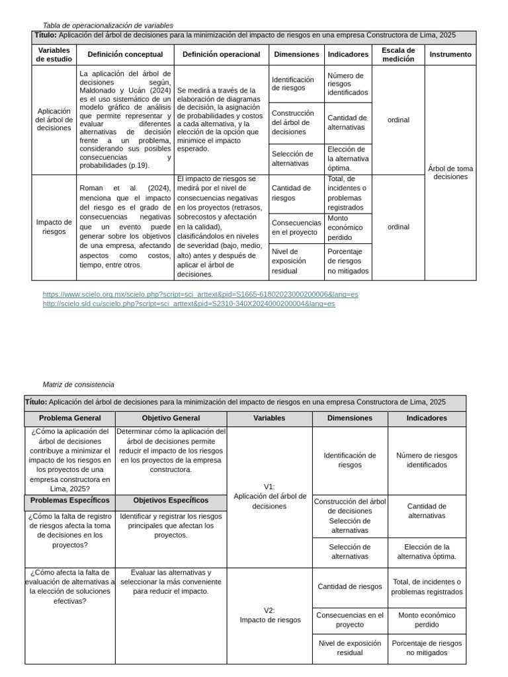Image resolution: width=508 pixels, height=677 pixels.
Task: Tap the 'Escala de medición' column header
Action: pyautogui.click(x=398, y=54)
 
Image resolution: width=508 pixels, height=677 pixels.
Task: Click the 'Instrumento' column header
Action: pyautogui.click(x=450, y=54)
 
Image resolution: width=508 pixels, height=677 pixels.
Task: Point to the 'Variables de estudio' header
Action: pyautogui.click(x=54, y=54)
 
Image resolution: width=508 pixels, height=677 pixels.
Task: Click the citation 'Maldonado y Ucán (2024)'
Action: pyautogui.click(x=125, y=91)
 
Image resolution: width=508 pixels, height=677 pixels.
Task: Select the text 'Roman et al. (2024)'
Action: pyautogui.click(x=125, y=188)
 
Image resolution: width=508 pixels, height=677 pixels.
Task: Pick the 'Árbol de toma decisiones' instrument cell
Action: pyautogui.click(x=450, y=173)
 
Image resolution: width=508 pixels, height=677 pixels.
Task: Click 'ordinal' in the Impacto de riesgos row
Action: pyautogui.click(x=398, y=227)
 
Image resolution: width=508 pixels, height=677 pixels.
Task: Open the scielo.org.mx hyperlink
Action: pyautogui.click(x=200, y=294)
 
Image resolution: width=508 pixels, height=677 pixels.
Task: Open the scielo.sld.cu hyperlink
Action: pyautogui.click(x=189, y=304)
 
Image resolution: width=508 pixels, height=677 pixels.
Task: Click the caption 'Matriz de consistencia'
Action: pyautogui.click(x=78, y=384)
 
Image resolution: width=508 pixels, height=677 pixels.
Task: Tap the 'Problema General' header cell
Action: pyautogui.click(x=70, y=418)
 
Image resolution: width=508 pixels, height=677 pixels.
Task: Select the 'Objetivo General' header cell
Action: pyautogui.click(x=171, y=418)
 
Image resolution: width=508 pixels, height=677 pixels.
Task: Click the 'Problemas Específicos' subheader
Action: pyautogui.click(x=70, y=500)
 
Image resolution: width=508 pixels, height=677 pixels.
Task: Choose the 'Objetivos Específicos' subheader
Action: pyautogui.click(x=171, y=500)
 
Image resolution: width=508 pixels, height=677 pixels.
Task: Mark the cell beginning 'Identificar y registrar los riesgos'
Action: pyautogui.click(x=171, y=526)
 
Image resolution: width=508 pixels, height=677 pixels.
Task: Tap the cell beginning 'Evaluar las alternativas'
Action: pyautogui.click(x=171, y=582)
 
